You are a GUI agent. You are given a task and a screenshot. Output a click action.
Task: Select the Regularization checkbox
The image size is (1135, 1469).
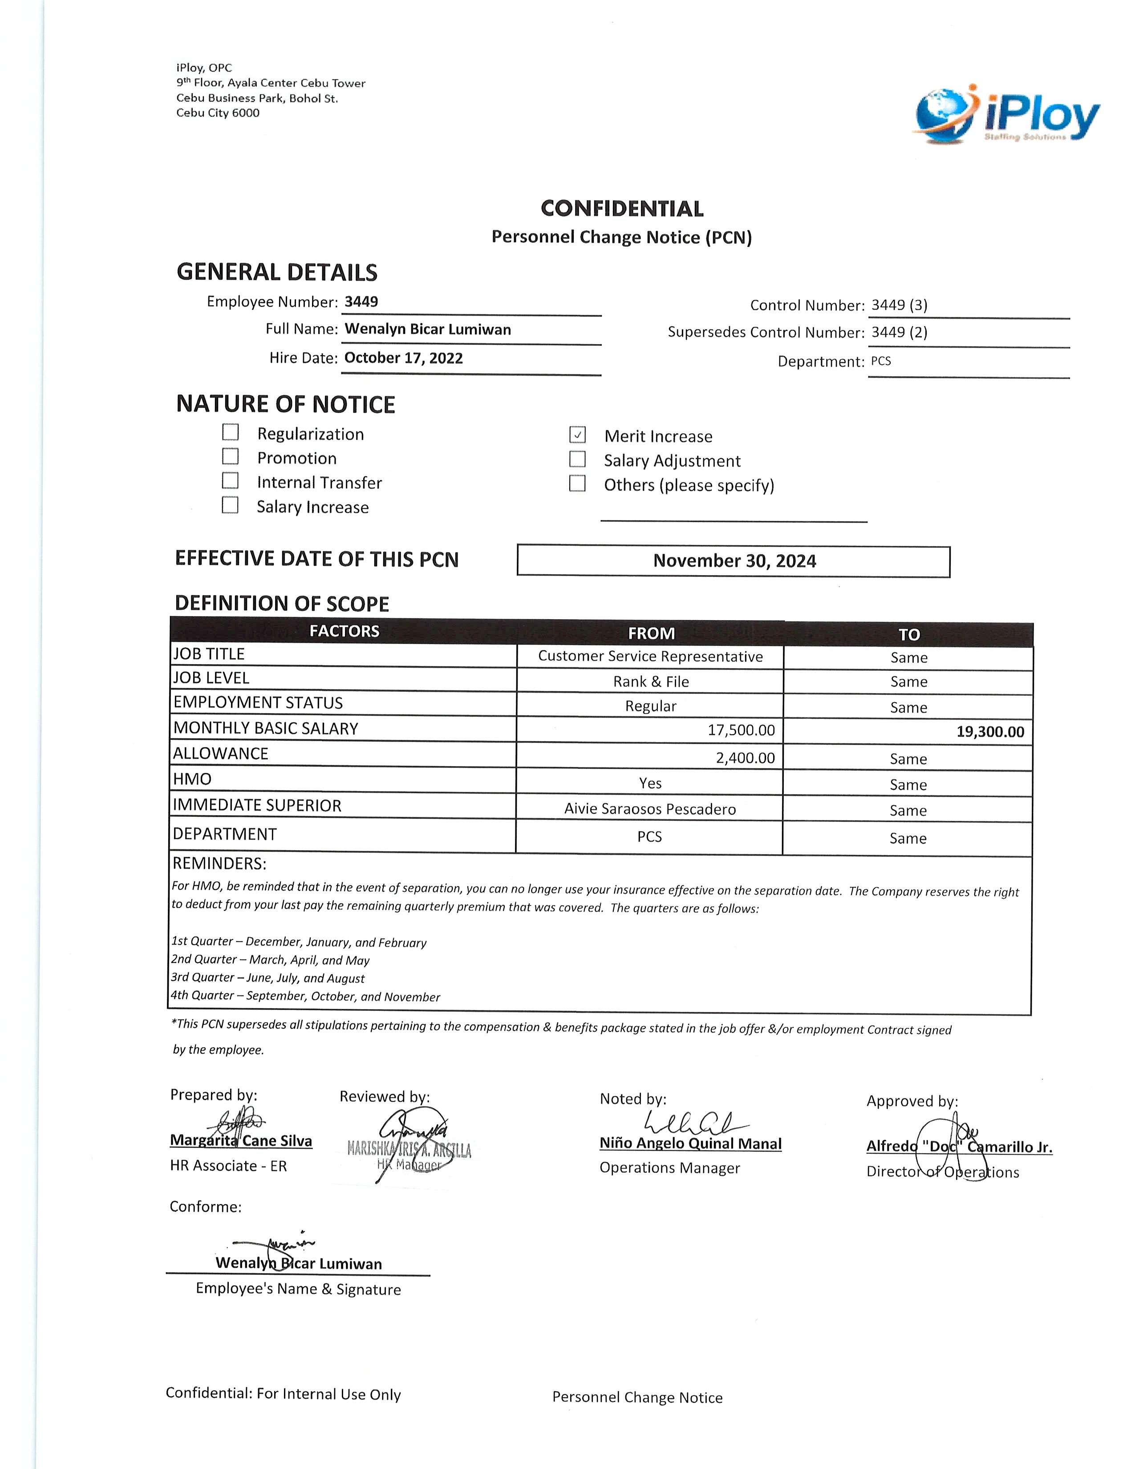231,432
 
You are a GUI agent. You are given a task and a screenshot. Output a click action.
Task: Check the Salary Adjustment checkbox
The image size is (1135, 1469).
577,459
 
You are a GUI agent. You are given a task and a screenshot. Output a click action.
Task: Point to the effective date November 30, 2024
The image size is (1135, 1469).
734,561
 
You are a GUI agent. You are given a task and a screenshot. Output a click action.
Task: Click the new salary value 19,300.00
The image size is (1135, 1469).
990,732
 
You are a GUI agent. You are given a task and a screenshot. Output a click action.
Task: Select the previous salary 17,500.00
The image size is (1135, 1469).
741,730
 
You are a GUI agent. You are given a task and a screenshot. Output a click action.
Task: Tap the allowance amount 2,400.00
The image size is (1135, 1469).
745,758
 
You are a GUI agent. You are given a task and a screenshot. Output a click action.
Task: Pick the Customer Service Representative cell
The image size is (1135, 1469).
650,657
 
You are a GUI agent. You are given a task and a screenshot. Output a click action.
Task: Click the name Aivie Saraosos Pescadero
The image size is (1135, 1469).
649,809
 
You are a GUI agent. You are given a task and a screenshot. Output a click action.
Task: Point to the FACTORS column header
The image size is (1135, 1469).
344,631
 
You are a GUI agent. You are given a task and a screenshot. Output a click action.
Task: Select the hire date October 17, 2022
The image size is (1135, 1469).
403,358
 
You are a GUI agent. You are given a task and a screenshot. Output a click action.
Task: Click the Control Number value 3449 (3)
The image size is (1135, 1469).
899,304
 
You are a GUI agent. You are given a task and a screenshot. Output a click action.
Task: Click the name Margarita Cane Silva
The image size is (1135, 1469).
241,1141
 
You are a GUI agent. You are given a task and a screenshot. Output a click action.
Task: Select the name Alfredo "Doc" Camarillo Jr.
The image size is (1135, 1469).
959,1147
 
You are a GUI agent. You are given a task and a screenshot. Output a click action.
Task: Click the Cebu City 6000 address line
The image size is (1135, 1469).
218,113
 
